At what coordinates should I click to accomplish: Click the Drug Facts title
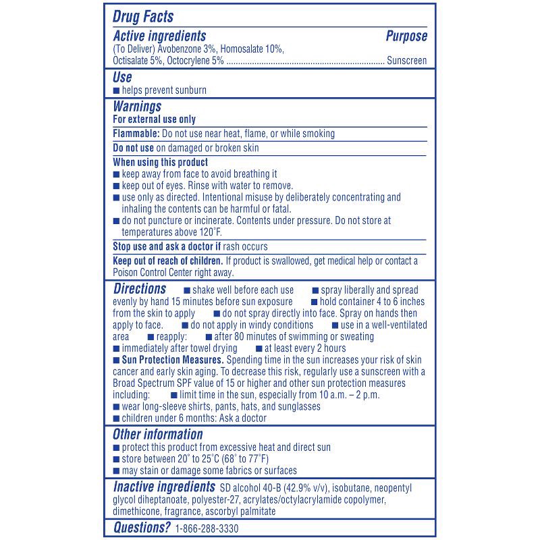tap(142, 16)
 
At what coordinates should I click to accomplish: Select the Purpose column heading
tap(406, 36)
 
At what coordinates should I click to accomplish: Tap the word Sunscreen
tap(407, 61)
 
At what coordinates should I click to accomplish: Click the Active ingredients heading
tap(159, 36)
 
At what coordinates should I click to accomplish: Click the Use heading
tap(122, 77)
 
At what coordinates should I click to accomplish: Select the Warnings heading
tap(137, 107)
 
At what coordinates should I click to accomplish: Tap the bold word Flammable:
tap(136, 134)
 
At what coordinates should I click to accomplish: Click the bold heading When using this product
tap(160, 162)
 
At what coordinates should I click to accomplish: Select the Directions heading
tap(140, 289)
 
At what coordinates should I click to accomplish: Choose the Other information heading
tap(157, 435)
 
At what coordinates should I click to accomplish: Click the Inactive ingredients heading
tap(163, 487)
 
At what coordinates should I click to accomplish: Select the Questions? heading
tap(140, 527)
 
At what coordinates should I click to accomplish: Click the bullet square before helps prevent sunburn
tap(116, 90)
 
